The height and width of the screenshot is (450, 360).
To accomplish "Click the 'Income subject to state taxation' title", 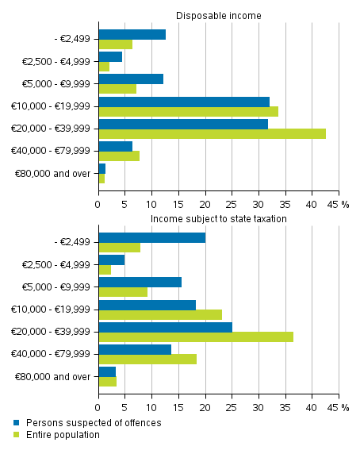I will click(218, 218).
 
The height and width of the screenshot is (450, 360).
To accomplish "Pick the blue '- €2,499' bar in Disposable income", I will click(132, 34).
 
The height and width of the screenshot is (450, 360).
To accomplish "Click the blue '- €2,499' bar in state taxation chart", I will click(151, 237).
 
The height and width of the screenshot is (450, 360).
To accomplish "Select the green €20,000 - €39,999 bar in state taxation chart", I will click(196, 337).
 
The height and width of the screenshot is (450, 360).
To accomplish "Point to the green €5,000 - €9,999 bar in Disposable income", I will click(117, 88).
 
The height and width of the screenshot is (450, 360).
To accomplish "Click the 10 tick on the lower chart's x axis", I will click(151, 407).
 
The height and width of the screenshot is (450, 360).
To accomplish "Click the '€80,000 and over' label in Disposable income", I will click(53, 172).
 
